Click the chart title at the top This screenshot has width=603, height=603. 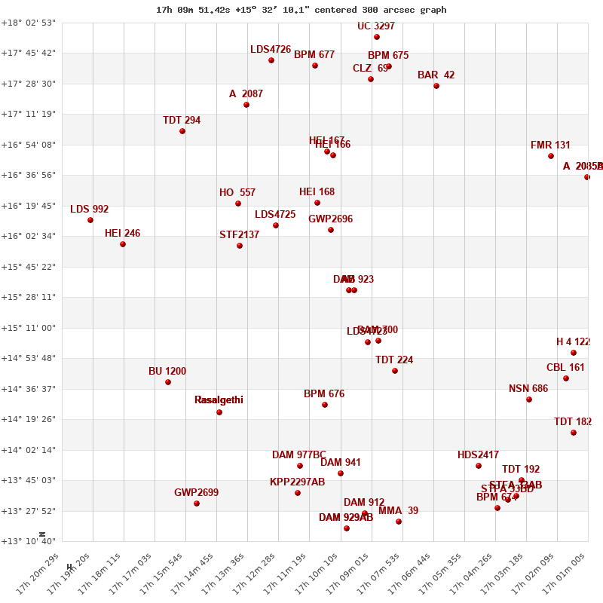tap(301, 10)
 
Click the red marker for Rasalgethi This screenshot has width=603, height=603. tap(219, 412)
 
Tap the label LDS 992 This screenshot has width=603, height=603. tap(90, 210)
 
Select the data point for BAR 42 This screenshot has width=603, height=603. tap(436, 86)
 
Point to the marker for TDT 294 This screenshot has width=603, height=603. tap(182, 131)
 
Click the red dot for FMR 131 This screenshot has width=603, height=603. tap(551, 156)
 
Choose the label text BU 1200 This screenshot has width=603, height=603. tap(167, 372)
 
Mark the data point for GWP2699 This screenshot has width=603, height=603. tap(197, 504)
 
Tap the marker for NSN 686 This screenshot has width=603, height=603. tap(529, 399)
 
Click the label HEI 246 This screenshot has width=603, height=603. tap(122, 234)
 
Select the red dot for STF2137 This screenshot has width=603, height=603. tap(240, 246)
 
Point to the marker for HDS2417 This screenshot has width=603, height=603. tap(479, 466)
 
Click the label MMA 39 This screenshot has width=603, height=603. tap(398, 511)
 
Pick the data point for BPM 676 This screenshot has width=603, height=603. tap(325, 405)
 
